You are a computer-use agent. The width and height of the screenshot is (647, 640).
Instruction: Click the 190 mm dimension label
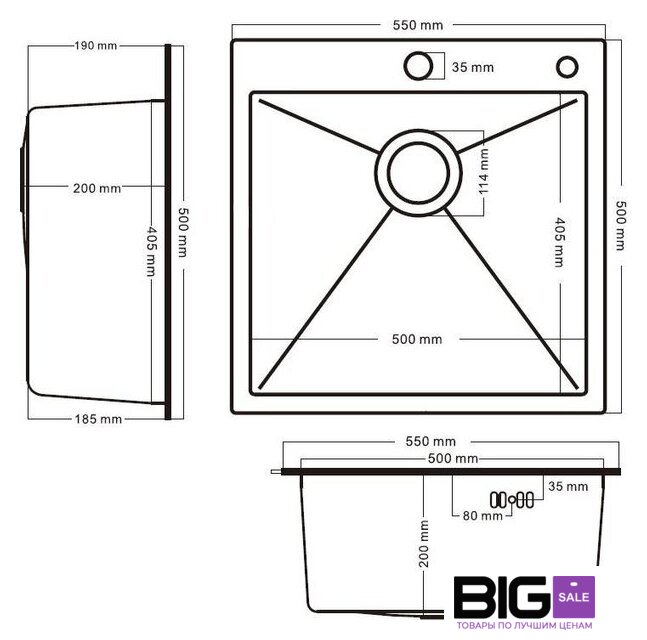[x=96, y=45]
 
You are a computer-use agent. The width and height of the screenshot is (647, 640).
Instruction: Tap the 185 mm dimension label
[x=98, y=419]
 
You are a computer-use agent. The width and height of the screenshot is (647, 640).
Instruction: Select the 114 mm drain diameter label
[x=484, y=172]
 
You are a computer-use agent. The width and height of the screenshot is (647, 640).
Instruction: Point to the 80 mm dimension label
[x=482, y=516]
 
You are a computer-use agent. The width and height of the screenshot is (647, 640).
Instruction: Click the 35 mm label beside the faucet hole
[x=473, y=67]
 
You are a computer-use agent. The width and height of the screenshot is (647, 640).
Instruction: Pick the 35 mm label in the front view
[x=568, y=486]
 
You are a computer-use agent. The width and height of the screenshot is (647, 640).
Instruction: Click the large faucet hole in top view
[x=418, y=66]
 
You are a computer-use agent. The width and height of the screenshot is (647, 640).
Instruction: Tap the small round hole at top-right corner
[x=567, y=66]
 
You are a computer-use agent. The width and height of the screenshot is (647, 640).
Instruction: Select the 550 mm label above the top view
[x=418, y=25]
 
